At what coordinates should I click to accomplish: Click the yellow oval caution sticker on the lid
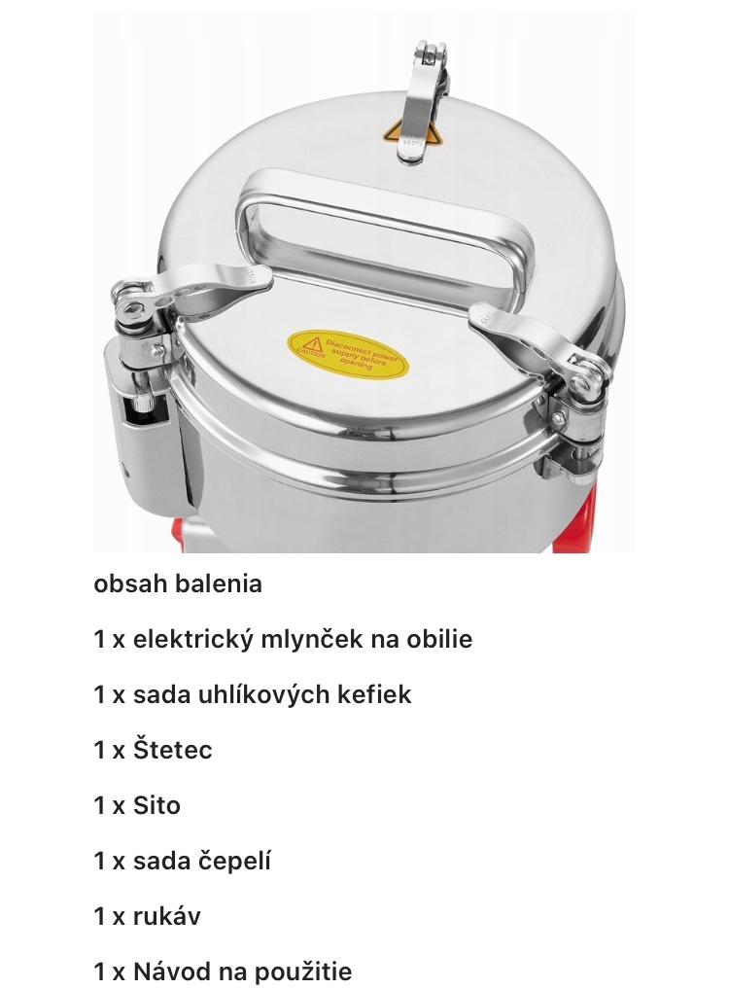click(347, 355)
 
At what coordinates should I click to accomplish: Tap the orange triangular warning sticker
click(394, 133)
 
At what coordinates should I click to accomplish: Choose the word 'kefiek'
click(376, 695)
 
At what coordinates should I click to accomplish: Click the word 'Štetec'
click(172, 751)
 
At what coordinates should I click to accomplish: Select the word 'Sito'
click(156, 806)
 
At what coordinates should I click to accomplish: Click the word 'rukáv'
click(166, 917)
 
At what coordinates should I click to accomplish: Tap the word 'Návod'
click(169, 972)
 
